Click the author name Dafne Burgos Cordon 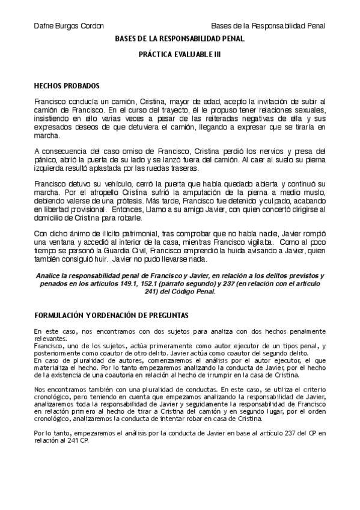(x=69, y=26)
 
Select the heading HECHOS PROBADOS (x=67, y=86)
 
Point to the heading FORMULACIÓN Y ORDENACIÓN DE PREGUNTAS (x=111, y=315)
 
